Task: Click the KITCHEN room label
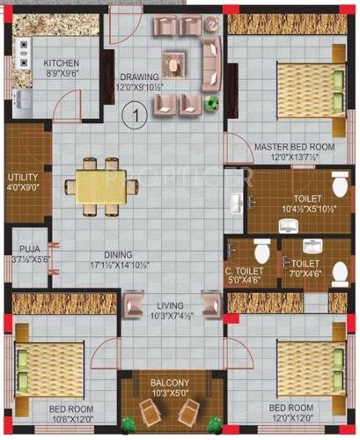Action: (x=62, y=63)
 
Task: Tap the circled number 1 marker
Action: (x=134, y=112)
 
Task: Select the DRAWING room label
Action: (x=140, y=77)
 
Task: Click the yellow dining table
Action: (x=105, y=186)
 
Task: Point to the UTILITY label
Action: (x=24, y=177)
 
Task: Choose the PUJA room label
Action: (x=28, y=251)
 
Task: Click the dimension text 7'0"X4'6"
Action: (x=305, y=273)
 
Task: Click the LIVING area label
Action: (x=171, y=305)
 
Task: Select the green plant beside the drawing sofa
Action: (x=211, y=103)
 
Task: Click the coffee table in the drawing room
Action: (x=177, y=64)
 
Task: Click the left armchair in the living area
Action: (x=132, y=305)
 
